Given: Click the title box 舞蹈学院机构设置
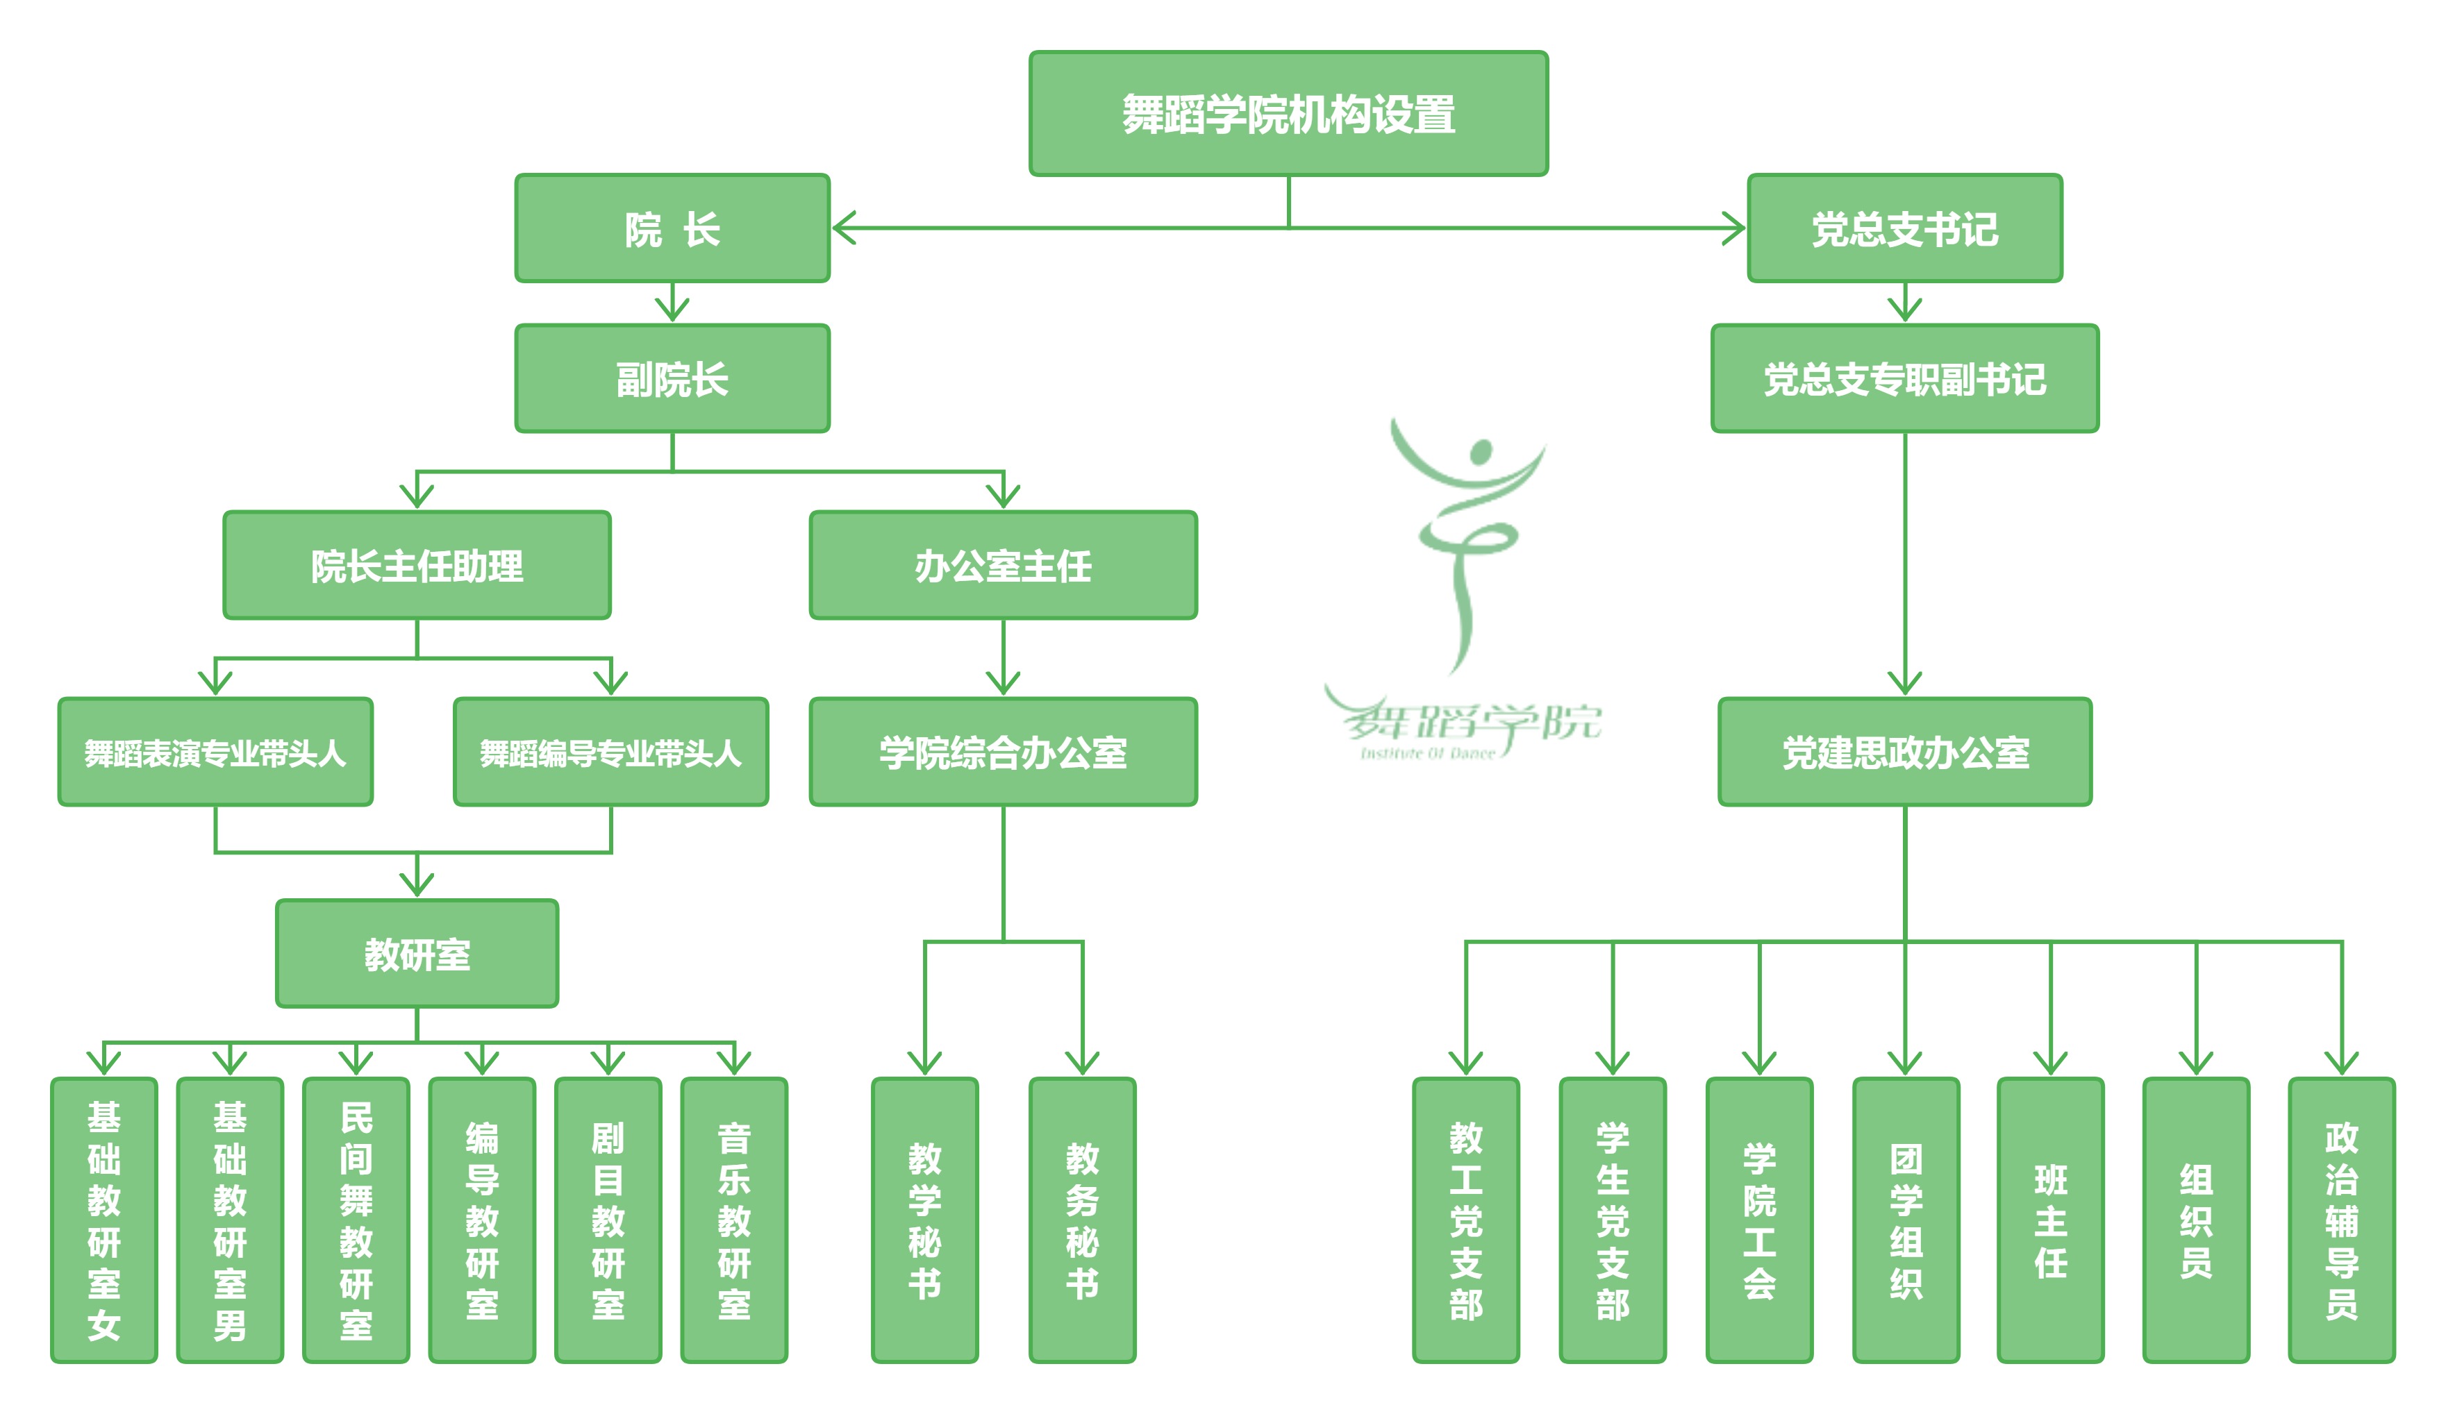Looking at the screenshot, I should click(1288, 114).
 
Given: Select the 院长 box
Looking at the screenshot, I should click(672, 229).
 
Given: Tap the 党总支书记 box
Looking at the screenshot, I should click(1904, 229).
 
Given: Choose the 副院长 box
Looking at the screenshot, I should click(672, 378).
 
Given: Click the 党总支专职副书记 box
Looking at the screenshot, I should click(1904, 378).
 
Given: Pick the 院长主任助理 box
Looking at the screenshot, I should click(417, 565).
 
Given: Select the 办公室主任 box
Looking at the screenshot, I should click(1003, 565).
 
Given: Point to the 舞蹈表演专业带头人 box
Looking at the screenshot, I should click(215, 752).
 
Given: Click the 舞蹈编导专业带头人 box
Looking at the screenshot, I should click(610, 752).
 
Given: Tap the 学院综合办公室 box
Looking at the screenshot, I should click(1003, 752).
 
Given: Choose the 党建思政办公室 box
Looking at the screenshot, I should click(1904, 752).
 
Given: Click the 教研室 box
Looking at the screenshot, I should click(417, 954).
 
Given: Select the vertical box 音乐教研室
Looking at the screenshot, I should click(734, 1220).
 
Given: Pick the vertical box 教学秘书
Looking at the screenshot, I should click(924, 1220).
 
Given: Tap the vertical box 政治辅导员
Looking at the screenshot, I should click(2341, 1220).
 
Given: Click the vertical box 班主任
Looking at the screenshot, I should click(2050, 1220).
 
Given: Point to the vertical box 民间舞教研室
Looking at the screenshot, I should click(356, 1220).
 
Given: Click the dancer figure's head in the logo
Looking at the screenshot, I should click(1480, 451).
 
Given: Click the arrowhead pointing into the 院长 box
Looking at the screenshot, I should click(842, 228).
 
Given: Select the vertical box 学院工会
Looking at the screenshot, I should click(1758, 1220).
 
